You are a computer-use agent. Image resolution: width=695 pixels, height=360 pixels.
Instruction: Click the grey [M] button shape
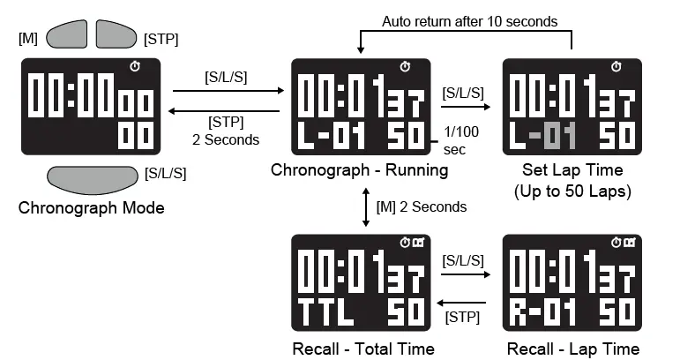[x=66, y=34]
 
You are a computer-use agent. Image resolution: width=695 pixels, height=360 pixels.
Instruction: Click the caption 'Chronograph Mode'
[x=91, y=209]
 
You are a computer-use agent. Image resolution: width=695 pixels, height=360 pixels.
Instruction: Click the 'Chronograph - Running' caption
[x=359, y=170]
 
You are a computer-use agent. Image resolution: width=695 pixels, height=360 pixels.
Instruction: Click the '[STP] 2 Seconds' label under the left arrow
[x=226, y=131]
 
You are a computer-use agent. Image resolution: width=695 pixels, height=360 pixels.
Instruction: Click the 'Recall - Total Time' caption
[x=363, y=349]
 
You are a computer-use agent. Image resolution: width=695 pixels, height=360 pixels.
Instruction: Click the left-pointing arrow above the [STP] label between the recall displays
[x=464, y=300]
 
